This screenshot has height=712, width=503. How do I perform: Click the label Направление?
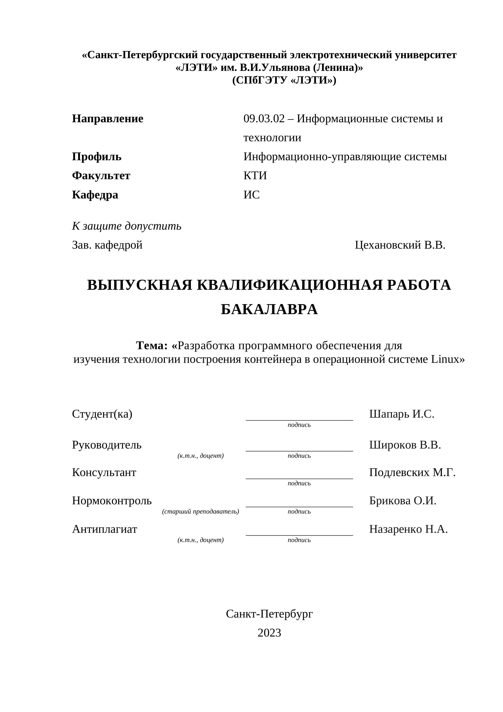[108, 119]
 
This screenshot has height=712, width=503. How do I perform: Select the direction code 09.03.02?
[264, 119]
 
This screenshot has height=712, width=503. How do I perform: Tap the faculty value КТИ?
[255, 176]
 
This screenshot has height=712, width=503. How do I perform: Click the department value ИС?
[251, 195]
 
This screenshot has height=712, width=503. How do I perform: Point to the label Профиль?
[97, 157]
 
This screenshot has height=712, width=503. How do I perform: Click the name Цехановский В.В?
[400, 245]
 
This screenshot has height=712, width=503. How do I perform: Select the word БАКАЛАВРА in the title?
[269, 309]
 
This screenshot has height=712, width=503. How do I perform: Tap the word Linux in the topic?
[445, 359]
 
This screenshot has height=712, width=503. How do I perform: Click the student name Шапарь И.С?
[402, 414]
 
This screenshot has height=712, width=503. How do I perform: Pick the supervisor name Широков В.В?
[405, 445]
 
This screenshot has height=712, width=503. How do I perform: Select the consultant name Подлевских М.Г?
[412, 473]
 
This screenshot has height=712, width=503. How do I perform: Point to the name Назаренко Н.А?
[408, 529]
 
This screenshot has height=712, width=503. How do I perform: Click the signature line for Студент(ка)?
[299, 420]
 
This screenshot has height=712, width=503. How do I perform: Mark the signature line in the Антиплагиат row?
[299, 535]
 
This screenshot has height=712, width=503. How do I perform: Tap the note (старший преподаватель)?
[200, 511]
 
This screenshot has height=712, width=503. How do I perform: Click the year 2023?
[269, 633]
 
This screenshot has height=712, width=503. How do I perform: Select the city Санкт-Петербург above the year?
[269, 614]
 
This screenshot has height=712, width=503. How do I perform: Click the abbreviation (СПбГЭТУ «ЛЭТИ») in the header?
[284, 80]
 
